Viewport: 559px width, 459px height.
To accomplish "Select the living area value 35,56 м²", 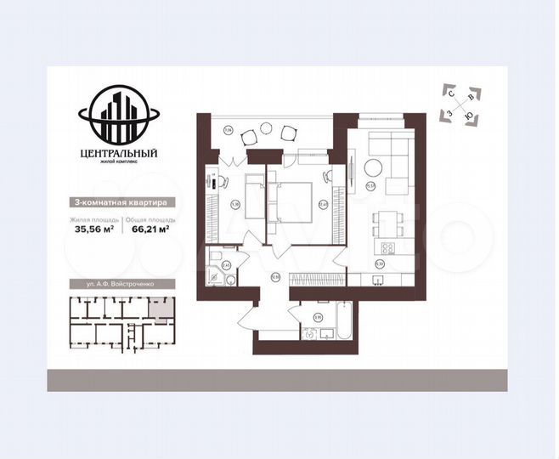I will click(93, 228).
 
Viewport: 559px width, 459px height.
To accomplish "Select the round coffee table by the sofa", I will click(371, 167).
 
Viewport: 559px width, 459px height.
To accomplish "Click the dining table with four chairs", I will click(386, 224).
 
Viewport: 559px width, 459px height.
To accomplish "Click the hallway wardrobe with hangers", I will click(317, 278).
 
